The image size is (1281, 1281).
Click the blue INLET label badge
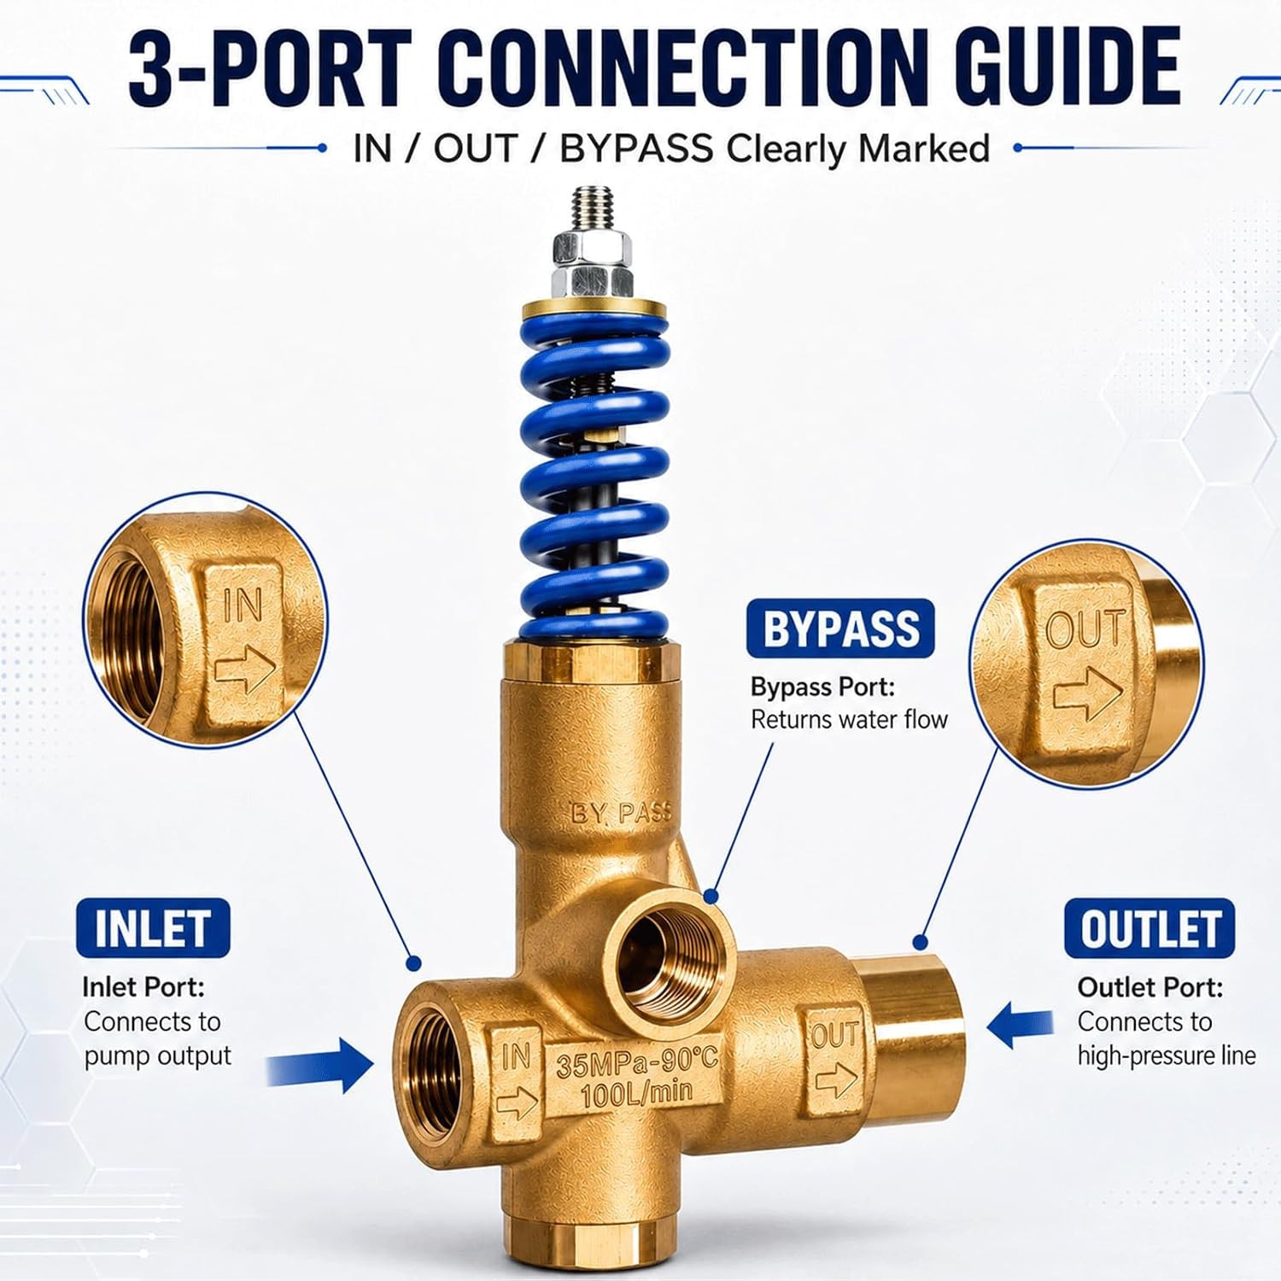tap(153, 928)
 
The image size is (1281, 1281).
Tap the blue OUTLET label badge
tap(1149, 928)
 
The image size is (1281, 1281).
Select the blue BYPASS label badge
tap(840, 629)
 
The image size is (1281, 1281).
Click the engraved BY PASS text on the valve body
tap(621, 812)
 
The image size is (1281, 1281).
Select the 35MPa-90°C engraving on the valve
tap(636, 1063)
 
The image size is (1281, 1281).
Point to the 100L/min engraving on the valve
tap(636, 1093)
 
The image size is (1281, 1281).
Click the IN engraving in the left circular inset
tap(243, 605)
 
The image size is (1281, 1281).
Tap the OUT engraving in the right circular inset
tap(1086, 629)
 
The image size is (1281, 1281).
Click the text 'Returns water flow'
tap(849, 720)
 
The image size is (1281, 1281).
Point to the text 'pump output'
tap(157, 1056)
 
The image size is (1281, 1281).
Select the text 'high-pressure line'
tap(1166, 1056)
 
